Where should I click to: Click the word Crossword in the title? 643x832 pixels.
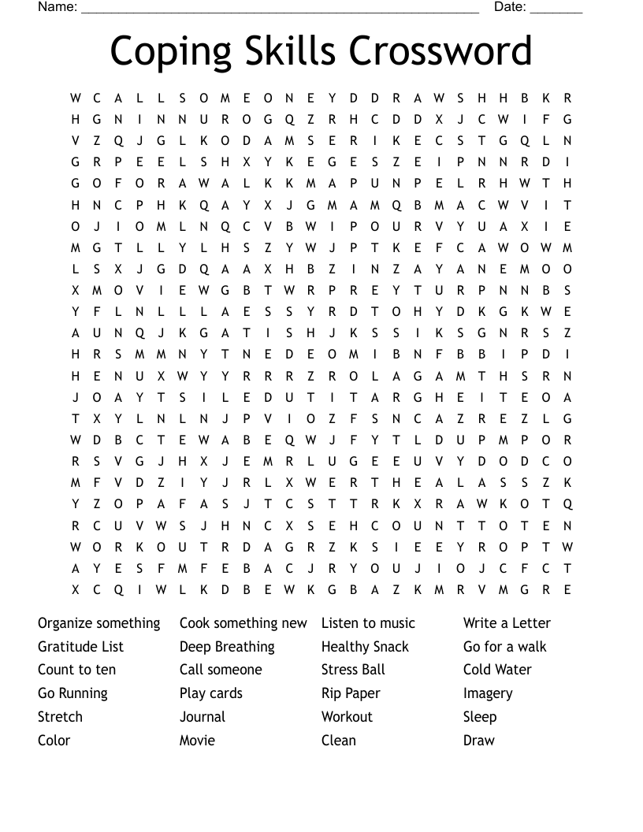440,51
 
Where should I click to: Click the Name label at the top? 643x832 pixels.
57,7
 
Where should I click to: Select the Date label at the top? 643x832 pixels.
510,7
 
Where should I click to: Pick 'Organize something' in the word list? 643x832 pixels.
98,623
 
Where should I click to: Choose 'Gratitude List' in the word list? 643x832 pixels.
80,647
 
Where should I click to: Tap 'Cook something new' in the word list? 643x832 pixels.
243,623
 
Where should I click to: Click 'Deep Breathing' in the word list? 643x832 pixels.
227,647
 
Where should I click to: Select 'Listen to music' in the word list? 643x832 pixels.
368,623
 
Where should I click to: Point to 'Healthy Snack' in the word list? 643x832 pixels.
365,647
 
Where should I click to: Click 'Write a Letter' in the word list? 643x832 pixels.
507,623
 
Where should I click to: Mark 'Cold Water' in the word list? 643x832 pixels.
497,670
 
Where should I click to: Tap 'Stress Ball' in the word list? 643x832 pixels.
353,670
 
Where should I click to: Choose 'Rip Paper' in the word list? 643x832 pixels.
351,693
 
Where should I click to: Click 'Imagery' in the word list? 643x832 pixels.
488,693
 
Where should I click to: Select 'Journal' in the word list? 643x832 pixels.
203,717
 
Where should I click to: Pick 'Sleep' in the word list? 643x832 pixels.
480,717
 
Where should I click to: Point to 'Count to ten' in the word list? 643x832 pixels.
76,670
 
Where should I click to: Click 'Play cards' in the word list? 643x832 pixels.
211,693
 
